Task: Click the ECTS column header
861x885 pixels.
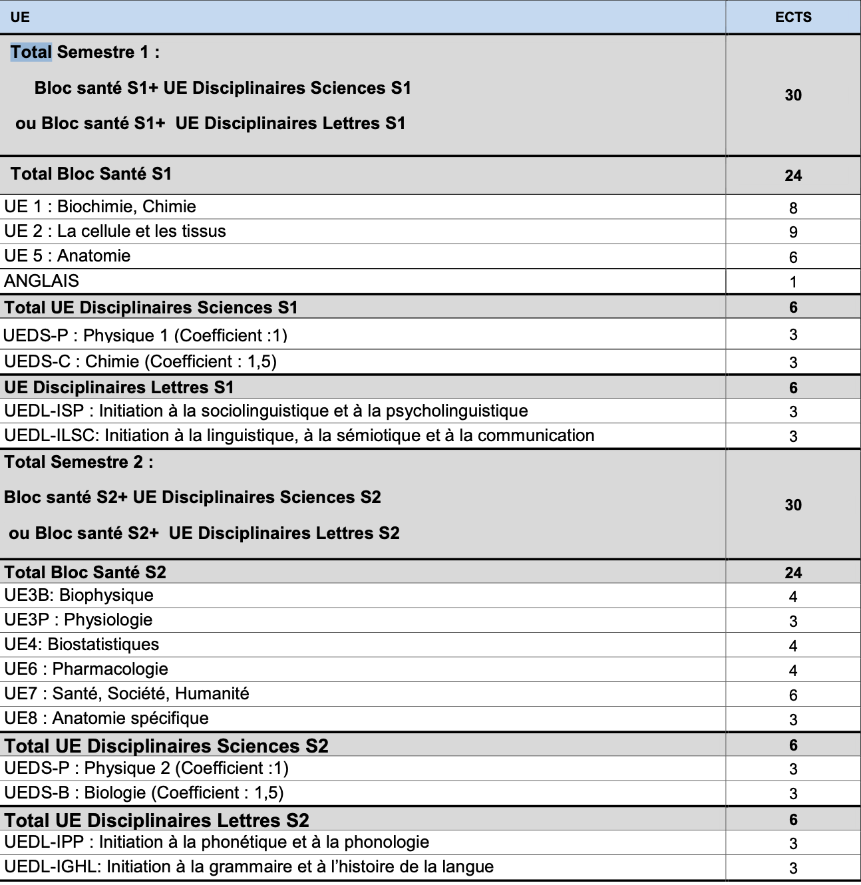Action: (792, 17)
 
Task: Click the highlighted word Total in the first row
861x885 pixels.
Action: (31, 52)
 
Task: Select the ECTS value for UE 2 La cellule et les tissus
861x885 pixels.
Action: (792, 232)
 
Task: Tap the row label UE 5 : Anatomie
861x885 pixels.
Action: (67, 256)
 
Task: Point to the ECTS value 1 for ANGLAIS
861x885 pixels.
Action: (792, 282)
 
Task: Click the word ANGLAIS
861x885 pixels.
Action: (41, 281)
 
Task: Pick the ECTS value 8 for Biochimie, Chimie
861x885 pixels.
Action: (792, 208)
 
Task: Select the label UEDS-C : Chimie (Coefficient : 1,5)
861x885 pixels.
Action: (140, 362)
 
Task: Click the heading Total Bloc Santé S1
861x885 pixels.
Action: (91, 174)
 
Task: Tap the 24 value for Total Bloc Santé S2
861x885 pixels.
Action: (792, 573)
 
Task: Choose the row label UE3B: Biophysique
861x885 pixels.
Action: (79, 596)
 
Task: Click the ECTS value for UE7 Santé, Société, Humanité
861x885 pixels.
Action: (792, 695)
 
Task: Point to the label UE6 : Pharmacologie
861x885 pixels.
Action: (86, 669)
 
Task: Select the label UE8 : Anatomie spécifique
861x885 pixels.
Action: (106, 719)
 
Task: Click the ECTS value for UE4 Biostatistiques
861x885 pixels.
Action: (792, 646)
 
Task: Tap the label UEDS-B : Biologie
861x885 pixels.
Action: (144, 793)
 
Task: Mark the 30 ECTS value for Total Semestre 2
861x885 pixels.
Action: (792, 505)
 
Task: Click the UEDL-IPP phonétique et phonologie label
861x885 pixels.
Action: (216, 842)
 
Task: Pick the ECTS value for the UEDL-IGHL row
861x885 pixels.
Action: (792, 868)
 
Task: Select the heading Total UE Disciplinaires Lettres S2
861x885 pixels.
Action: (157, 820)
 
